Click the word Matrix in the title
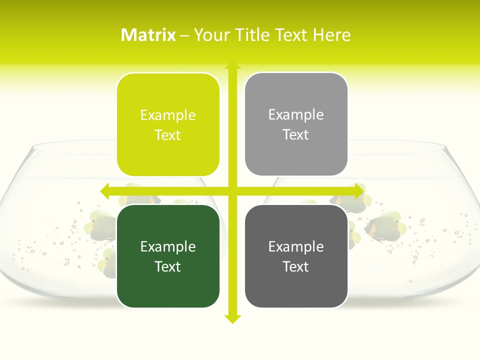point(148,35)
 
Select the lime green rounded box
point(168,124)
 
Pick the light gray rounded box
point(296,124)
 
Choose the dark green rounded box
point(168,256)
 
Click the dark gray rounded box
point(296,256)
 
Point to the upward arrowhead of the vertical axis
point(232,65)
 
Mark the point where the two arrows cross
point(232,191)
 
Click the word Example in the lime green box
point(168,115)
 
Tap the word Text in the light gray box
point(296,134)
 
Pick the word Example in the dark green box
point(168,246)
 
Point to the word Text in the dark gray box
point(296,266)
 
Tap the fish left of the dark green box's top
point(97,222)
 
